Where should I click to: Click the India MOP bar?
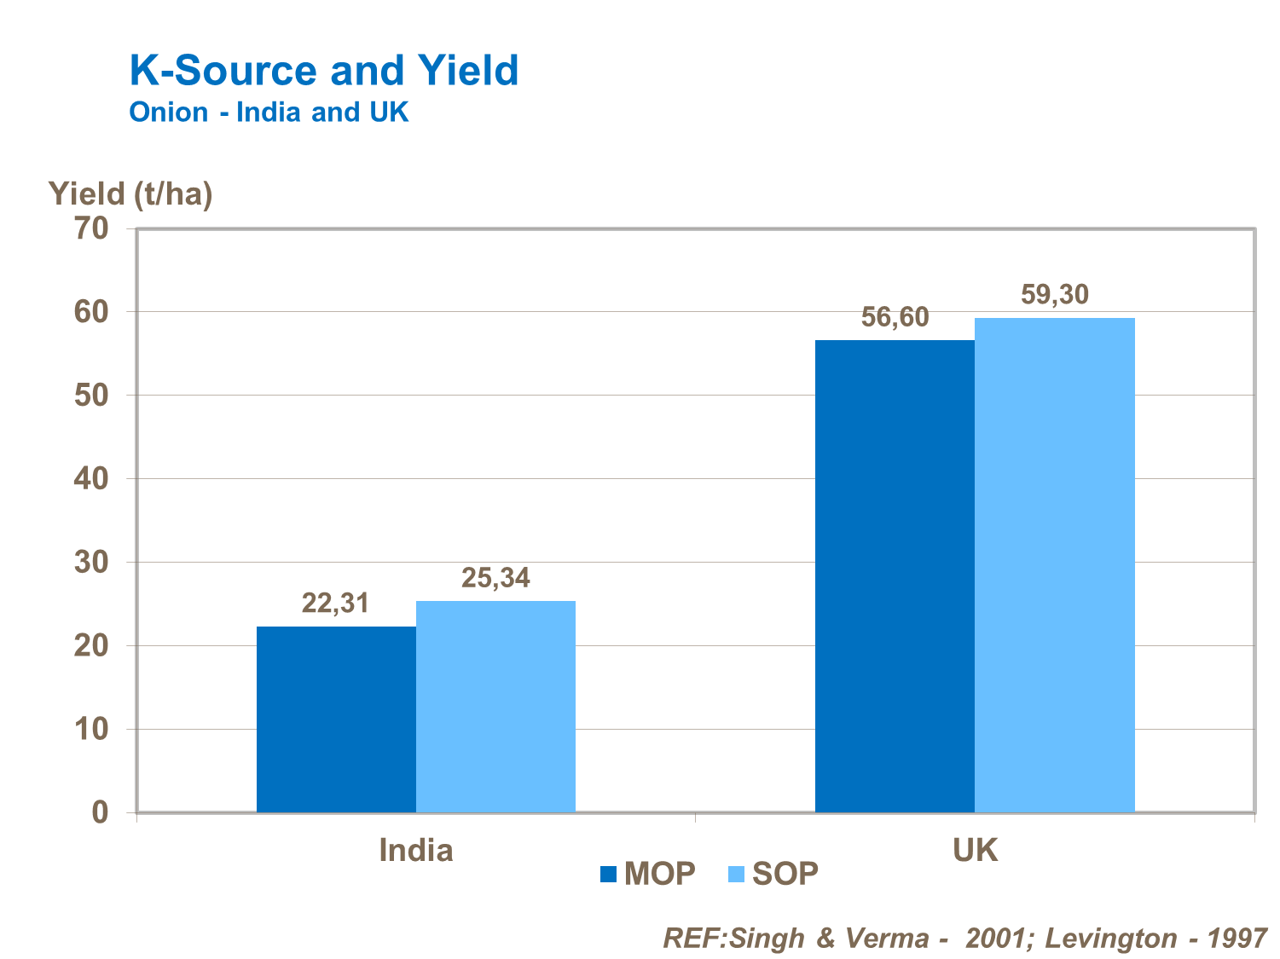tap(336, 719)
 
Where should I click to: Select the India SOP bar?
tap(495, 707)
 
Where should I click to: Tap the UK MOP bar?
tap(895, 576)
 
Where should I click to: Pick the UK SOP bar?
tap(1054, 564)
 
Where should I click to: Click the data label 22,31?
tap(335, 604)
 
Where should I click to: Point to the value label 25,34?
tap(495, 578)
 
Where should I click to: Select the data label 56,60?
tap(895, 317)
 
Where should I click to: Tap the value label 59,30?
tap(1055, 295)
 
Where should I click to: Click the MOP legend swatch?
tap(608, 874)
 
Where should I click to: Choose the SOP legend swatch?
tap(737, 874)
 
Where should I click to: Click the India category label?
tap(415, 850)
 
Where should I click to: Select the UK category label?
tap(975, 850)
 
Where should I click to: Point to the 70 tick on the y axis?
tap(92, 228)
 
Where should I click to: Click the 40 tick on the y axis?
tap(92, 479)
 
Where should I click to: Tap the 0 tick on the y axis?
tap(101, 812)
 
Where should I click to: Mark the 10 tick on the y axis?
tap(92, 730)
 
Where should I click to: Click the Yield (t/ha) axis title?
tap(130, 194)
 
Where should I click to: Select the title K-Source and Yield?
tap(324, 70)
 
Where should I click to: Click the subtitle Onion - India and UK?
tap(269, 113)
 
